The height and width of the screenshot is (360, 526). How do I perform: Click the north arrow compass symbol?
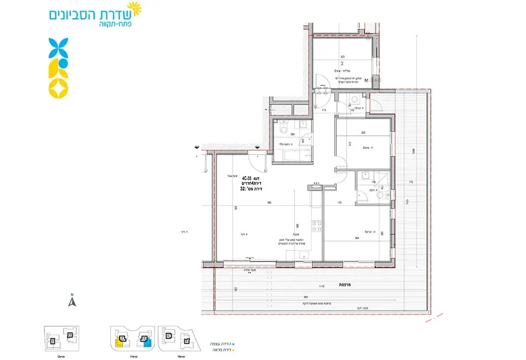coord(71,301)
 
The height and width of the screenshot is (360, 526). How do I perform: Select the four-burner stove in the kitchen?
coord(317,227)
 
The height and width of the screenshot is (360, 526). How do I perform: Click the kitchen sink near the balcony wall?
coord(304,255)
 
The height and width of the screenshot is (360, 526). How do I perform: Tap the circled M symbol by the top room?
coord(374,80)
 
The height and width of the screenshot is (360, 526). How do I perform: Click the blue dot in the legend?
coord(235,344)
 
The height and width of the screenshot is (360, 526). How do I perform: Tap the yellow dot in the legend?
coord(235,350)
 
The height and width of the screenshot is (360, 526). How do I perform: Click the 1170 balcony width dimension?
coord(322,286)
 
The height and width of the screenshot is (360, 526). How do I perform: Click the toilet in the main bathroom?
coord(283,130)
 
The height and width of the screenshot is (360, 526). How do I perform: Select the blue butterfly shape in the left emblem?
coord(58,48)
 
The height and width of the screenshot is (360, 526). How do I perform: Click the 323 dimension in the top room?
coord(343,56)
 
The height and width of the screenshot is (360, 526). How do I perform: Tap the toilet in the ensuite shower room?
coord(380,194)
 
